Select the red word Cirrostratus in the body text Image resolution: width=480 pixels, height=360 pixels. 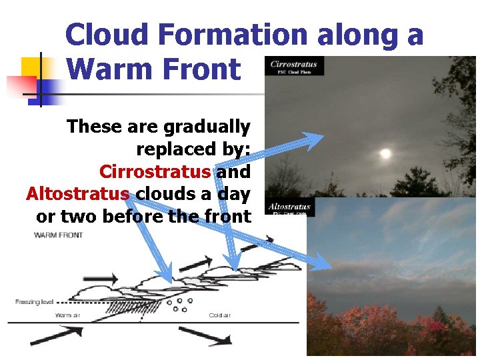click(x=155, y=172)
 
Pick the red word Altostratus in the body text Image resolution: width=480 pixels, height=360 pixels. click(x=78, y=194)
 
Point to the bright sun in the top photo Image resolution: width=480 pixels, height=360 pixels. click(x=385, y=154)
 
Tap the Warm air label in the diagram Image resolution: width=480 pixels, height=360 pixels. click(x=67, y=315)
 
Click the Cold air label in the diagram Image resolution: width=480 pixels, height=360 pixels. click(x=220, y=315)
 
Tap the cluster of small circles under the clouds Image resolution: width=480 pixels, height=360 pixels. click(x=179, y=305)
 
